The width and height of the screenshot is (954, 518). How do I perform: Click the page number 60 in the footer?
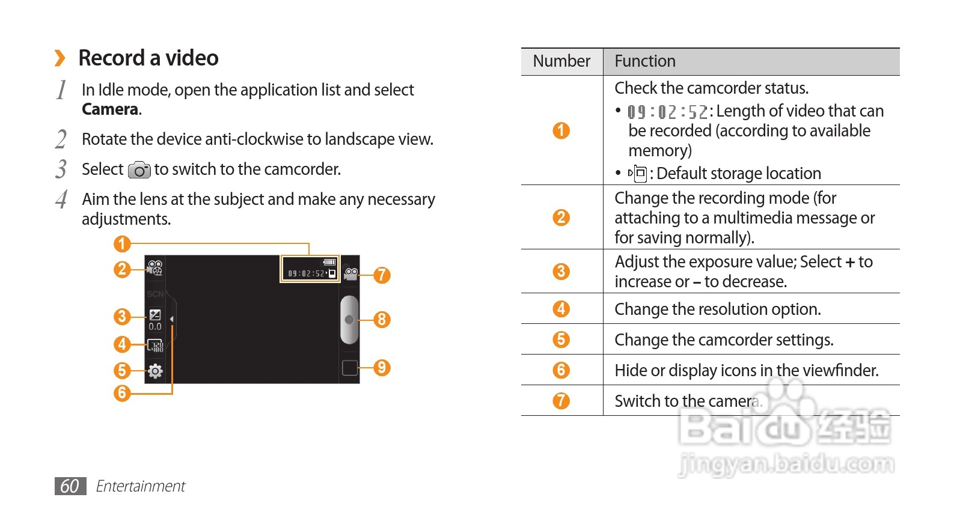[x=70, y=486]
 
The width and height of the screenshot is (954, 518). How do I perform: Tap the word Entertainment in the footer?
[x=140, y=486]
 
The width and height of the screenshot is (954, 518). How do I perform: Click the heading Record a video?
[x=148, y=58]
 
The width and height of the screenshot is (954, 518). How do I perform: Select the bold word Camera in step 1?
[x=110, y=109]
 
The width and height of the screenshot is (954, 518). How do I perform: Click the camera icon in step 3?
[x=139, y=170]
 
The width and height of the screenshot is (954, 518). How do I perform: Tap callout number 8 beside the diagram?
[x=382, y=319]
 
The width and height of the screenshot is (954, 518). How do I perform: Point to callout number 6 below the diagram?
[x=122, y=392]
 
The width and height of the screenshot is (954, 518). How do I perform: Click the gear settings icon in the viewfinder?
[x=155, y=371]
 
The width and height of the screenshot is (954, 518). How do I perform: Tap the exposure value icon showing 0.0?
[x=155, y=320]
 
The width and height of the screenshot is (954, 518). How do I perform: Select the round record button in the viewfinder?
[x=349, y=320]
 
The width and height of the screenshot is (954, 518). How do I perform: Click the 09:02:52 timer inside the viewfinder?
[x=306, y=273]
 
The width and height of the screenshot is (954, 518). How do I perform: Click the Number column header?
[x=561, y=61]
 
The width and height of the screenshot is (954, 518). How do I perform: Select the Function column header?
[x=645, y=61]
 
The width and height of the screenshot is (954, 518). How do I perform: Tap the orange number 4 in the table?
[x=561, y=309]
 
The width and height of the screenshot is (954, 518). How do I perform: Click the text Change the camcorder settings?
[x=724, y=340]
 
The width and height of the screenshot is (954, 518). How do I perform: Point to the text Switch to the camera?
[x=688, y=401]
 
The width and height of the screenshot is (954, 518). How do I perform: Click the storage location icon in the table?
[x=638, y=173]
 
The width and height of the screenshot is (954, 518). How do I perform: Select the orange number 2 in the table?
[x=561, y=218]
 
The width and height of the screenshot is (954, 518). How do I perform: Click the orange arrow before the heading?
[x=60, y=58]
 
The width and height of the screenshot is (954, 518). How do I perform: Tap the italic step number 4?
[x=61, y=199]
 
